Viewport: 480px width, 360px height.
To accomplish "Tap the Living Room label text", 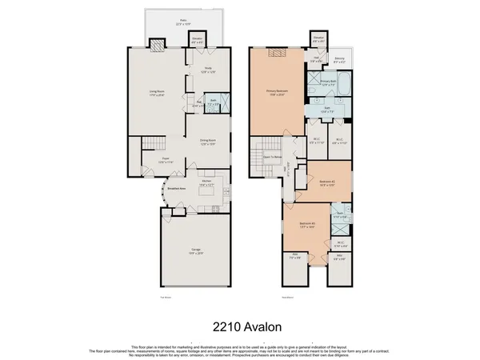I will [x=145, y=93].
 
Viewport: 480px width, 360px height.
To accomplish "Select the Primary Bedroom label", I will [x=277, y=92].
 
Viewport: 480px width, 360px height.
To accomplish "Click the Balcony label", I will [x=339, y=60].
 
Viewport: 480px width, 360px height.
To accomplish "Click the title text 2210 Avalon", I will [x=239, y=326].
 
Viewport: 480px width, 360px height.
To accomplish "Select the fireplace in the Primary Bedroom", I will [x=277, y=53].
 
